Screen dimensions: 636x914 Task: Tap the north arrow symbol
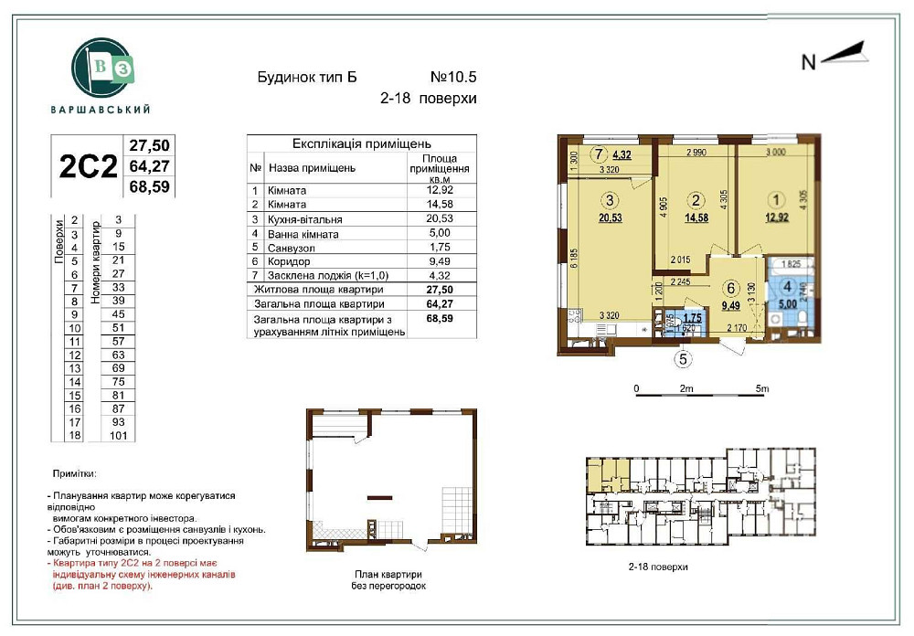click(x=843, y=57)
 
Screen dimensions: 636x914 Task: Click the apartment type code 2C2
click(x=88, y=166)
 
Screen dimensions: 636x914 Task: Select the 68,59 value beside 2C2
click(x=152, y=186)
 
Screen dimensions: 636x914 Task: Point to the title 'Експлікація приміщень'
click(x=361, y=143)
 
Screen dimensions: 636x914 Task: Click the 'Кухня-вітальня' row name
click(x=304, y=219)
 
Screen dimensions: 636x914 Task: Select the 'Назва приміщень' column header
click(x=312, y=168)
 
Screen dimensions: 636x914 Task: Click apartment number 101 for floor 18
click(x=118, y=436)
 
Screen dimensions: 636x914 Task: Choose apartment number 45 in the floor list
click(x=118, y=313)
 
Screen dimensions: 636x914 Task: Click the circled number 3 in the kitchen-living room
click(x=611, y=200)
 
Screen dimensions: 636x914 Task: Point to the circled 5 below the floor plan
click(x=681, y=359)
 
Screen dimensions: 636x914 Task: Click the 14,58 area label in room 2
click(x=698, y=217)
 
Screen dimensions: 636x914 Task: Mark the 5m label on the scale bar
click(x=762, y=388)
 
